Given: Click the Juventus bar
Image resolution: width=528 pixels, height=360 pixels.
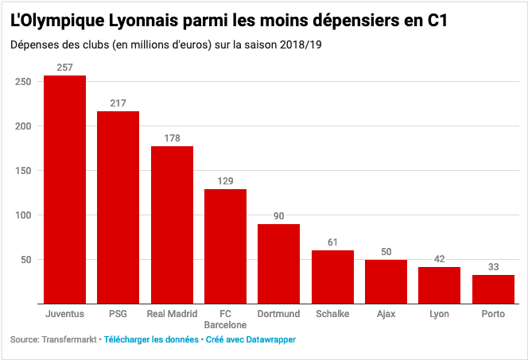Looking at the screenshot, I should coord(64,189).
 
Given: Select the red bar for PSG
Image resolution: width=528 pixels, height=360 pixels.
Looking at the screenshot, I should coord(118,207).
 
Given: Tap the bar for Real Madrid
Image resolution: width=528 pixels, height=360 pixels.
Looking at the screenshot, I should coord(172,224).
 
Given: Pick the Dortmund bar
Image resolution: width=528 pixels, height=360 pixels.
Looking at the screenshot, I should coord(278,263).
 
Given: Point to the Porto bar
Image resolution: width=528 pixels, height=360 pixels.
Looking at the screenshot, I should coord(493,288).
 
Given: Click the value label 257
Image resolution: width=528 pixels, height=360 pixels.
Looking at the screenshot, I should coord(65,68).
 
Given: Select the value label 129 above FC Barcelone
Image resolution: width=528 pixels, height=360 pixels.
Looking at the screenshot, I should coord(225,181).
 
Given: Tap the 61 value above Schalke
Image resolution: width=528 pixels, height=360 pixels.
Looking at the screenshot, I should coord(332,242).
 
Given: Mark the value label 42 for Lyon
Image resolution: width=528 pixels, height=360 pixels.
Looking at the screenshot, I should coord(440,259).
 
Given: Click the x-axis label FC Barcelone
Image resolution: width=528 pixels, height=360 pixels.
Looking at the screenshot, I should coord(225,319).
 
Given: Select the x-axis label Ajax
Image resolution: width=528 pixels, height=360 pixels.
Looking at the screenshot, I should coord(386,314).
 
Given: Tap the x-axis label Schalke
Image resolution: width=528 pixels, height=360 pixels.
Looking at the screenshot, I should coord(332,314).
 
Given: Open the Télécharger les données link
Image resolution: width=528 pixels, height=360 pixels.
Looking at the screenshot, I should coord(152,339).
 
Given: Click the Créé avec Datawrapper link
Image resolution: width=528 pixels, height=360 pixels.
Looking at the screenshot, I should coord(251,339).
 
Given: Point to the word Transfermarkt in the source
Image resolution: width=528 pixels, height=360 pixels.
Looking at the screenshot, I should coord(68,339).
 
